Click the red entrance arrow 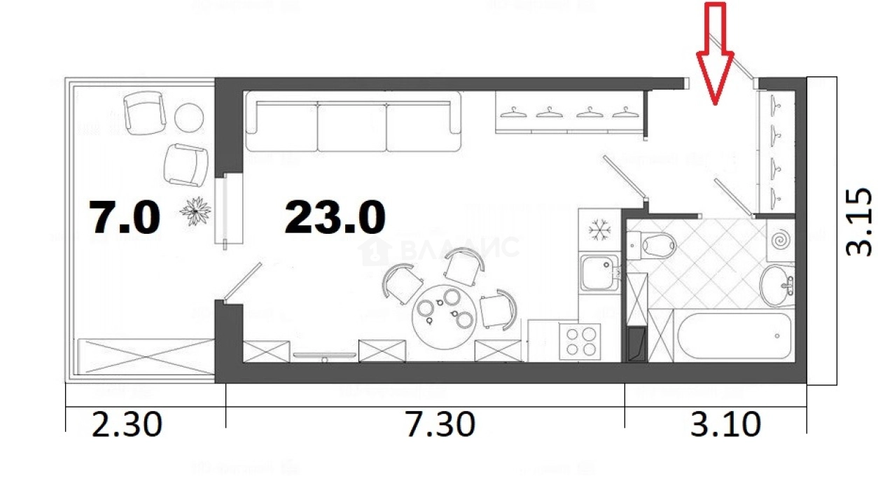point(714,56)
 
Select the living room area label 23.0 point(335,217)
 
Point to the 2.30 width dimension point(127,424)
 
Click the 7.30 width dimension point(441,424)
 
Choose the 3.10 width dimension point(725,424)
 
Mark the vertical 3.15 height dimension point(859,221)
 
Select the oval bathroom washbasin point(777,285)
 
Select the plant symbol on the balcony point(195,211)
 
